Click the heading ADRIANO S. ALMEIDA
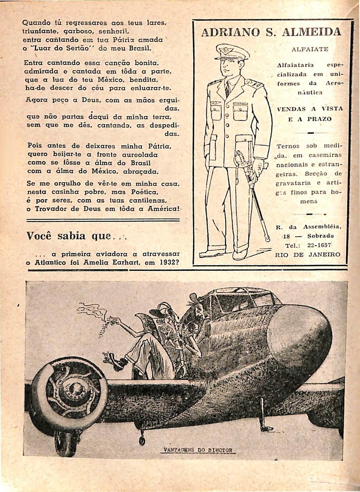point(272,32)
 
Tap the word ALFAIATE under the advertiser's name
point(310,49)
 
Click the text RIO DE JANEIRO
point(307,254)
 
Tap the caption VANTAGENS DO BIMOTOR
point(199,449)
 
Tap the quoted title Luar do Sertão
point(61,48)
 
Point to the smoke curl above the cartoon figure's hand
point(88,309)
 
